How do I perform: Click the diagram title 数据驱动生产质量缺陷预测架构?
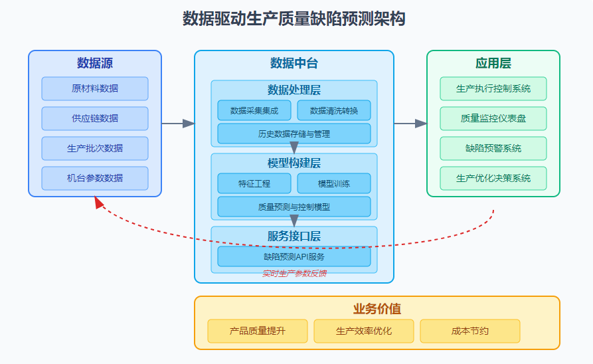(x=294, y=19)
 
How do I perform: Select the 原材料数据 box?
(x=95, y=88)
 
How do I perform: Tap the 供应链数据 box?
(x=95, y=118)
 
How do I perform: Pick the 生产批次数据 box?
(x=95, y=148)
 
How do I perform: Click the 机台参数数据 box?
(x=95, y=178)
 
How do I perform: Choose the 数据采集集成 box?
(x=254, y=110)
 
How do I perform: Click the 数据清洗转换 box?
(x=334, y=110)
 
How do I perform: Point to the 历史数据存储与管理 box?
(x=294, y=134)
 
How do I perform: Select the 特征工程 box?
(x=254, y=183)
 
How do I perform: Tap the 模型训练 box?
(x=334, y=183)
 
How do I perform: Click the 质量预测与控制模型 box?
(x=294, y=207)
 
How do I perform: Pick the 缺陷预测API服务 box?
(x=294, y=256)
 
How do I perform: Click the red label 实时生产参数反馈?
(x=294, y=273)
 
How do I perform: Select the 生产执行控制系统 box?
(x=493, y=88)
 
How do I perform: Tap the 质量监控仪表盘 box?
(x=493, y=118)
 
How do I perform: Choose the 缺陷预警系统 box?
(x=493, y=148)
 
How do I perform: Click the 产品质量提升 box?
(x=258, y=331)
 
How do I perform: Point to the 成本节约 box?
(x=470, y=331)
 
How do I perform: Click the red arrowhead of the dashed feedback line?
(x=99, y=203)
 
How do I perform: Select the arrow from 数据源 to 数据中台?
(x=178, y=124)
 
